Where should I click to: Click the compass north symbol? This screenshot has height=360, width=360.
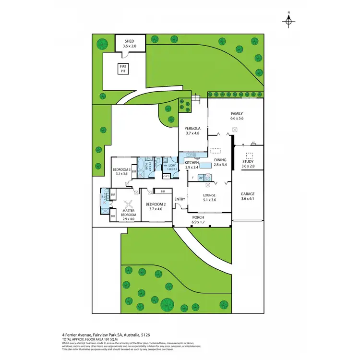pyautogui.click(x=288, y=21)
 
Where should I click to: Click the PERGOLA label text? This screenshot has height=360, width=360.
pyautogui.click(x=192, y=129)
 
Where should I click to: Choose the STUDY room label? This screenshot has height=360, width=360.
pyautogui.click(x=248, y=161)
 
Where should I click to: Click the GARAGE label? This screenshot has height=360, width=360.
pyautogui.click(x=248, y=194)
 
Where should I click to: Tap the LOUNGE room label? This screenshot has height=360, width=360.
pyautogui.click(x=209, y=195)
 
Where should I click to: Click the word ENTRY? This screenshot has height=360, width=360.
pyautogui.click(x=180, y=199)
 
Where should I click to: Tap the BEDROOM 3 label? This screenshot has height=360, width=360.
pyautogui.click(x=120, y=169)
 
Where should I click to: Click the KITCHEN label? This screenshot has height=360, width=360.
pyautogui.click(x=188, y=163)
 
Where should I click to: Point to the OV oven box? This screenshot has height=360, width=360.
pyautogui.click(x=201, y=178)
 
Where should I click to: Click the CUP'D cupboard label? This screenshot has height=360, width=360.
pyautogui.click(x=167, y=176)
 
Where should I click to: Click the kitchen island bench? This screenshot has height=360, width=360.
pyautogui.click(x=206, y=166)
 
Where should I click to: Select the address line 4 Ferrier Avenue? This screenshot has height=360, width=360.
pyautogui.click(x=108, y=335)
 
